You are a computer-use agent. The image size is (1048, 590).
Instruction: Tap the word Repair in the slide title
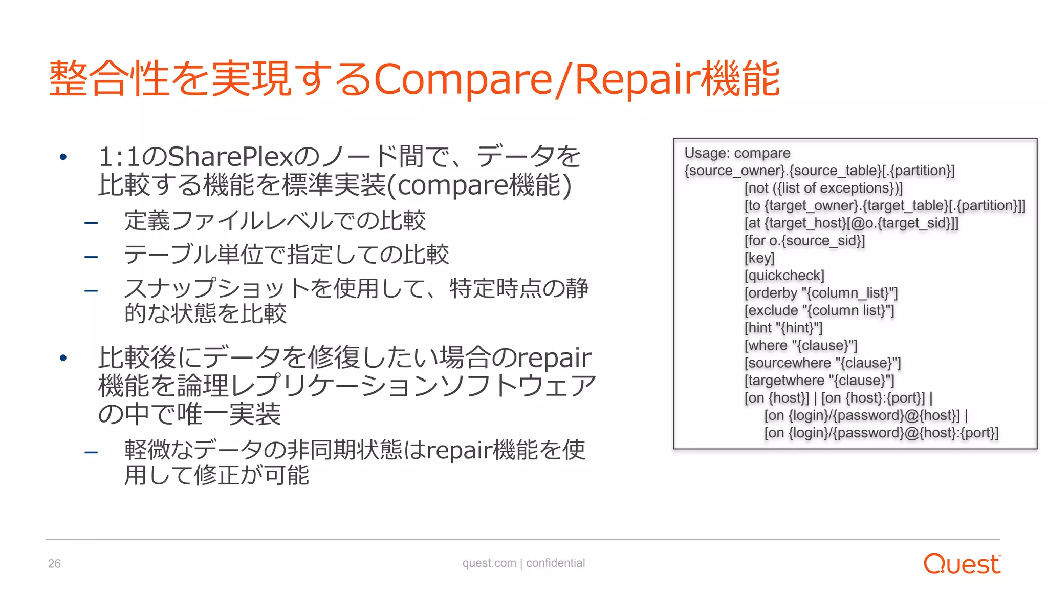tap(638, 79)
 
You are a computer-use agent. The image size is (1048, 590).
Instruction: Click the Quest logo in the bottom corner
tap(962, 564)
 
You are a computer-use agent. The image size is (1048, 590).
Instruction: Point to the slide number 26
tap(54, 564)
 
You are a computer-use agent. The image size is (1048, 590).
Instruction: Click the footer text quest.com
tap(489, 563)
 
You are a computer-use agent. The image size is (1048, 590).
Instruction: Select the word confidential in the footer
tap(555, 563)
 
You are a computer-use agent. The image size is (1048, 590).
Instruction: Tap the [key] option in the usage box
tap(759, 258)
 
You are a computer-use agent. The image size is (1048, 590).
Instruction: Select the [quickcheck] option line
tap(784, 276)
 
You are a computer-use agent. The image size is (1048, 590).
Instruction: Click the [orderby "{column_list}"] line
tap(821, 293)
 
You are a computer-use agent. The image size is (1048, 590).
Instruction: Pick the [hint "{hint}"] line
tap(783, 328)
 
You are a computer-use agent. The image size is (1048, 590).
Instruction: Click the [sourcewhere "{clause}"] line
tap(822, 363)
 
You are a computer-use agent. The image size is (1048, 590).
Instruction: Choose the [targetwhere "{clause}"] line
tap(819, 381)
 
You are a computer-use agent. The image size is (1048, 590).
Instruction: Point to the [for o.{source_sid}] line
tap(804, 241)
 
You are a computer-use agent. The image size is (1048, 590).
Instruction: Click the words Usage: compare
tap(737, 153)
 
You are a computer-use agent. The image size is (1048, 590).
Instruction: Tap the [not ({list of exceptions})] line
tap(823, 188)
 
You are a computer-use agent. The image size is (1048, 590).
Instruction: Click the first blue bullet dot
tap(63, 157)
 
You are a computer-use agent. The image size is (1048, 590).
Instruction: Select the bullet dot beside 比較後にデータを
tap(63, 357)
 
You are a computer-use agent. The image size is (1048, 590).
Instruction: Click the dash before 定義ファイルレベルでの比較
tap(91, 223)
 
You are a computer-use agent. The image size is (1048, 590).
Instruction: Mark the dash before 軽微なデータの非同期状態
tap(91, 452)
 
